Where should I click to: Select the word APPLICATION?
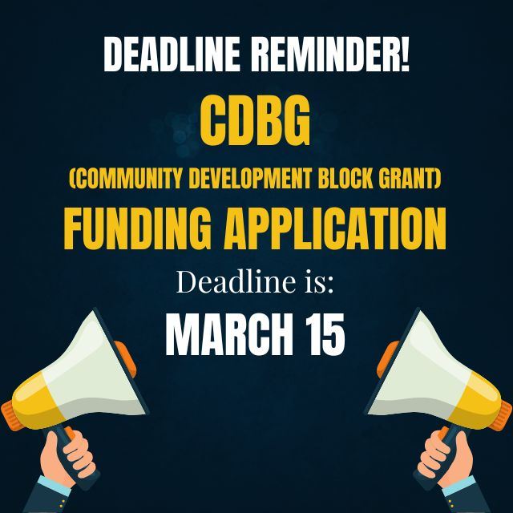(341, 228)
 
